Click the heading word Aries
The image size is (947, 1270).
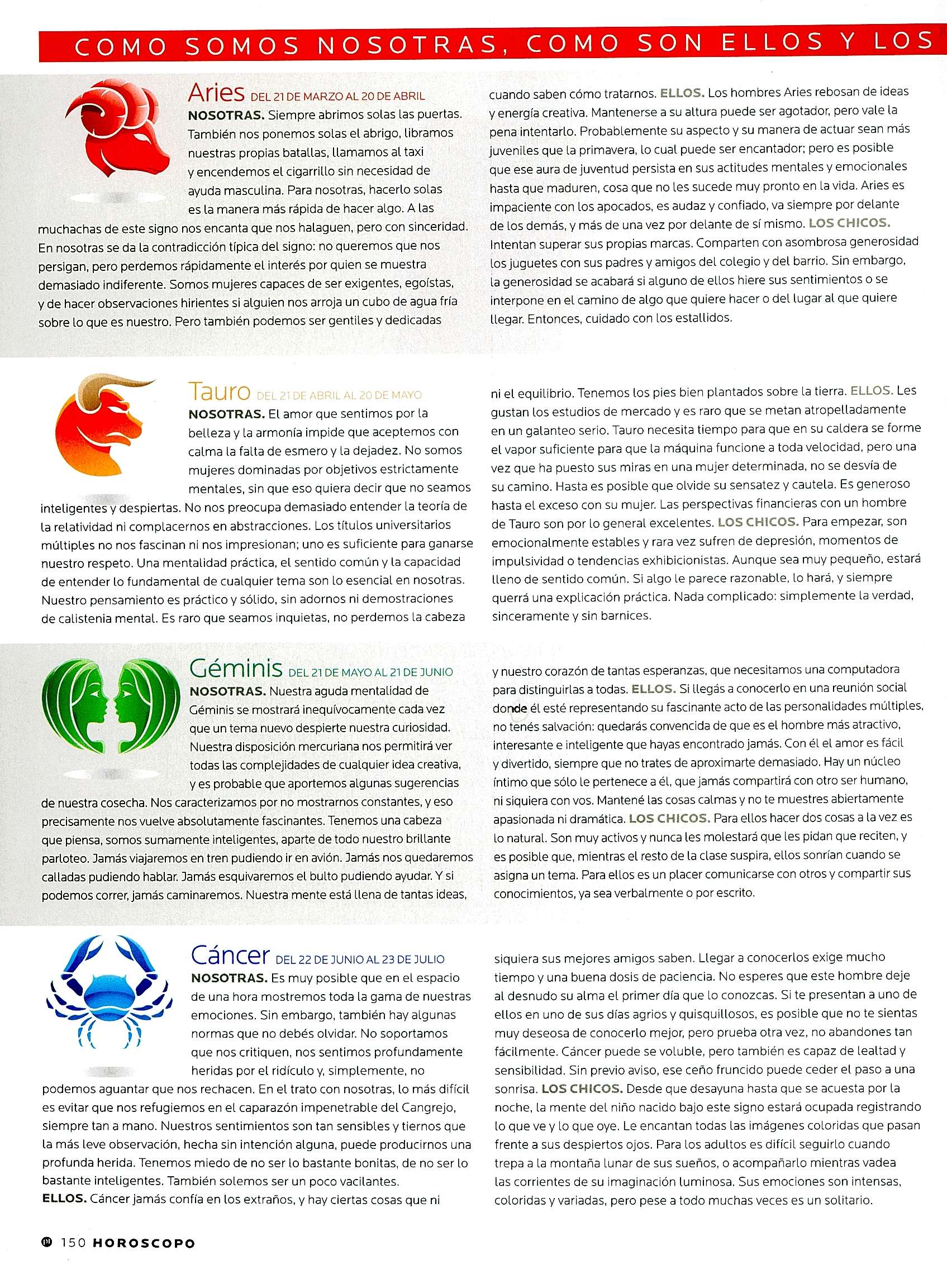pyautogui.click(x=216, y=93)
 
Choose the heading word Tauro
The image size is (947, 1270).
pyautogui.click(x=219, y=392)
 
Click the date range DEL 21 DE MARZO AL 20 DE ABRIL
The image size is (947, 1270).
pyautogui.click(x=337, y=96)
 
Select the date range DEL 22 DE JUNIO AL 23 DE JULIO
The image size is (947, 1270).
pyautogui.click(x=360, y=959)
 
